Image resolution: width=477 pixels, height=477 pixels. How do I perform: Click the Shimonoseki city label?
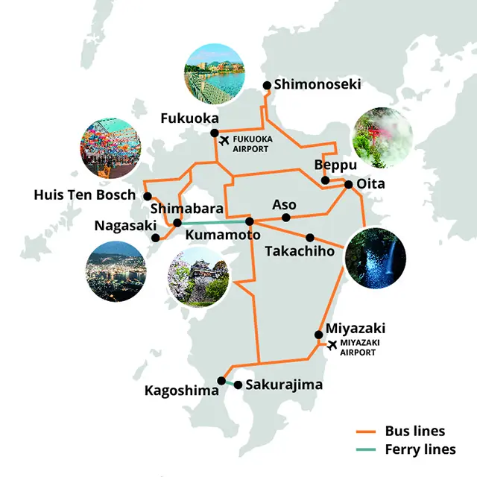[318, 84]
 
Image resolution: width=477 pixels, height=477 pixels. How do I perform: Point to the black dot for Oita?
[348, 183]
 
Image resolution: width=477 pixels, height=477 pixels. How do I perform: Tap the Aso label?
[284, 204]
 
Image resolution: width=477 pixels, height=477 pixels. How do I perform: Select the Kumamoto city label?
[222, 235]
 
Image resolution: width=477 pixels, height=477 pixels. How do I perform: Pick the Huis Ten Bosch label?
[85, 195]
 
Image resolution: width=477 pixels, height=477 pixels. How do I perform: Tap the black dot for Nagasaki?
[155, 238]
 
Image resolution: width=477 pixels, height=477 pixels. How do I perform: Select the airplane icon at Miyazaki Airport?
[332, 344]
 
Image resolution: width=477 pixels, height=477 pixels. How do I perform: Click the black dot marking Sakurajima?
[238, 385]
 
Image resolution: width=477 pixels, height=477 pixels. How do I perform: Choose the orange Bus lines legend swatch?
[364, 432]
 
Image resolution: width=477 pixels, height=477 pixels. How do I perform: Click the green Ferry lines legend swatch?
[364, 449]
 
